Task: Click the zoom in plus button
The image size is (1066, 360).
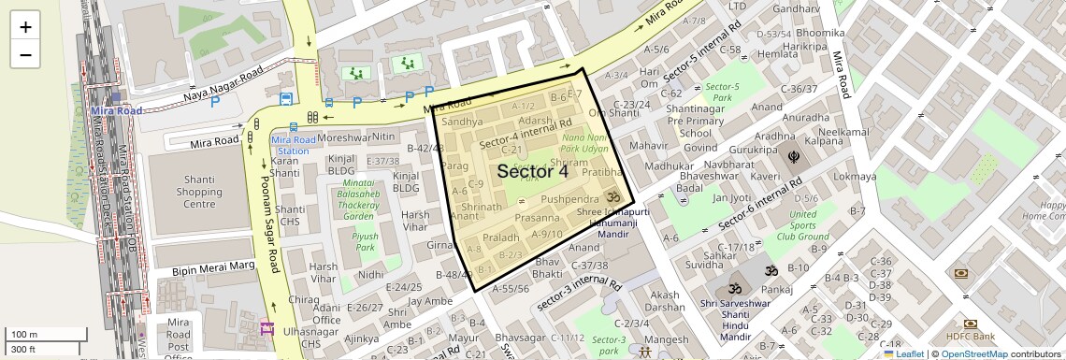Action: [x=25, y=27]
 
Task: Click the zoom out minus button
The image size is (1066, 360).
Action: [x=25, y=54]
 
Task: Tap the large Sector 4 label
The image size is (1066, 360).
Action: [x=532, y=172]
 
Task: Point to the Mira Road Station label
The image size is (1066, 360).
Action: [x=290, y=145]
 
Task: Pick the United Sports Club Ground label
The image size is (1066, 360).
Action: [x=802, y=225]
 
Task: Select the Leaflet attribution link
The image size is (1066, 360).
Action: [x=903, y=353]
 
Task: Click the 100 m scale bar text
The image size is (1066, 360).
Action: [x=24, y=334]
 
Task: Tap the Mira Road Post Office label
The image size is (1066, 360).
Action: [x=178, y=338]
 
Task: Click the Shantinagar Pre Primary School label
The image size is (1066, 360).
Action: [x=696, y=121]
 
